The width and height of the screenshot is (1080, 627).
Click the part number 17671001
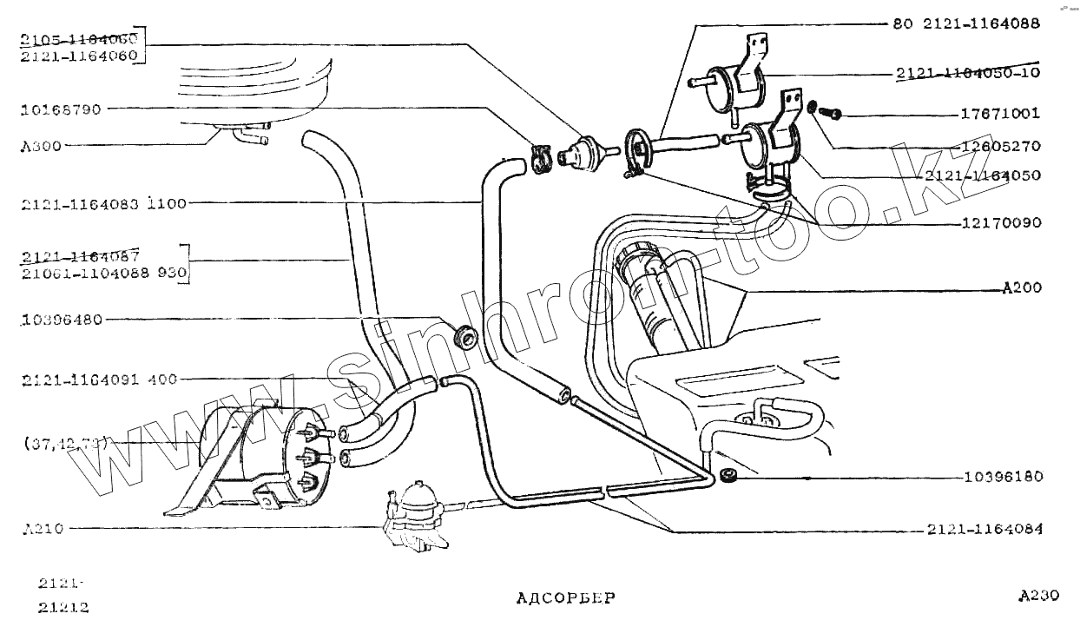tap(1000, 114)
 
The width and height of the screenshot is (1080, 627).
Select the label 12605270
tap(1000, 146)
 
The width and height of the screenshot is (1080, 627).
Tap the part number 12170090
tap(1000, 223)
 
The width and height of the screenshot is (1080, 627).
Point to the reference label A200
tap(1022, 288)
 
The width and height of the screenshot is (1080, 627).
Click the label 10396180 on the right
tap(1004, 478)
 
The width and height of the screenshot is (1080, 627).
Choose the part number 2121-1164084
tap(985, 530)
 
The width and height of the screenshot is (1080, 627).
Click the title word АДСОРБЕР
tap(565, 597)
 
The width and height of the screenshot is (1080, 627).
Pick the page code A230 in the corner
tap(1038, 596)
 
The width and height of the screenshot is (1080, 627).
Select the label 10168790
tap(62, 110)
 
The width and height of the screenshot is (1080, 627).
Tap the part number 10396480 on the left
tap(63, 320)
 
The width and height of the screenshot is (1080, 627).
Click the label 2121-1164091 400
tap(100, 379)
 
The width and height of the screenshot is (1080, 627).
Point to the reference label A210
tap(43, 528)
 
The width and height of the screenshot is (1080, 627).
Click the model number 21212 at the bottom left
tap(63, 607)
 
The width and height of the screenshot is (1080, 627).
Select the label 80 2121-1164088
tap(965, 24)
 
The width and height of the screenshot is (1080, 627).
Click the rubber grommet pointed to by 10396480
tap(467, 335)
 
